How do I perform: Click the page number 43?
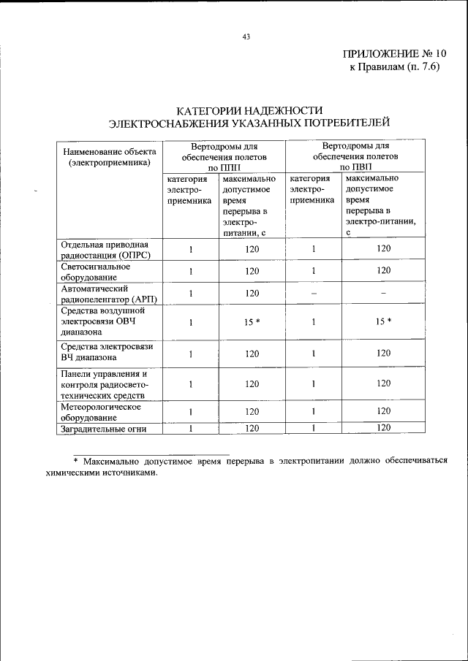pyautogui.click(x=246, y=38)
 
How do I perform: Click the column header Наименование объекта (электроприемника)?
pyautogui.click(x=109, y=157)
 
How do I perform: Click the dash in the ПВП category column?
pyautogui.click(x=313, y=294)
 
